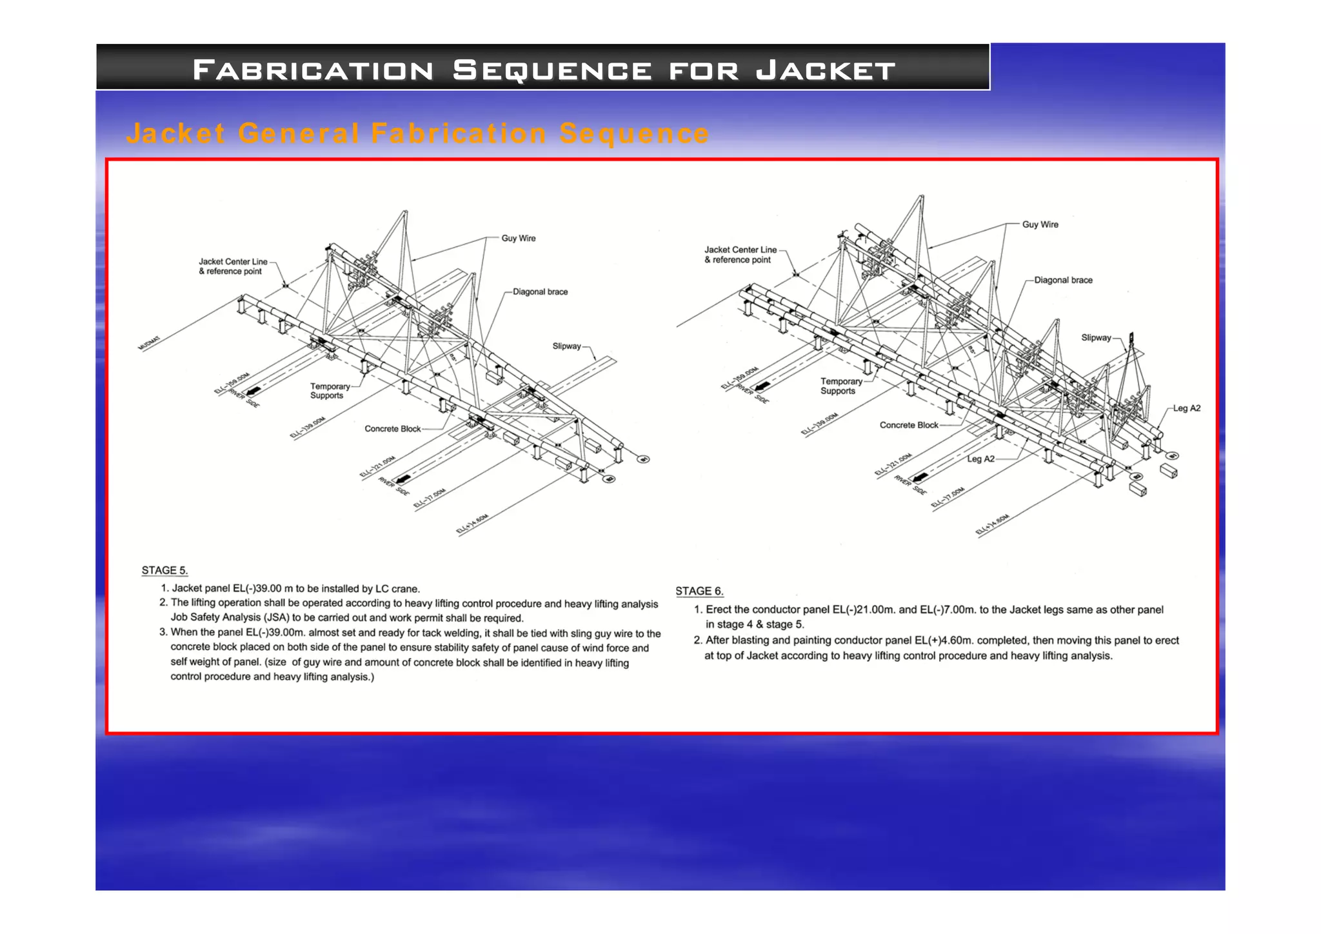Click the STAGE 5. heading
coord(164,570)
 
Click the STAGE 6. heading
coord(699,591)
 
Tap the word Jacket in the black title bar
coord(826,70)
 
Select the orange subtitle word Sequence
coord(634,134)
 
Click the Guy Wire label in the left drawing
coord(519,238)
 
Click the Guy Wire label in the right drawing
coord(1040,224)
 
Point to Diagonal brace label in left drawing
coord(540,292)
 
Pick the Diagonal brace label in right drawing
coord(1063,280)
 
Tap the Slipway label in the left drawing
coord(566,346)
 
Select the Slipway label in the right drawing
coord(1096,337)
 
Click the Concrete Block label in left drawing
coord(392,428)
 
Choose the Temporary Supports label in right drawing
coord(840,386)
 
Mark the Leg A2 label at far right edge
coord(1186,408)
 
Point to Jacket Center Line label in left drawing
coord(232,266)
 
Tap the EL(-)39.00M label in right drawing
coord(819,425)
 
